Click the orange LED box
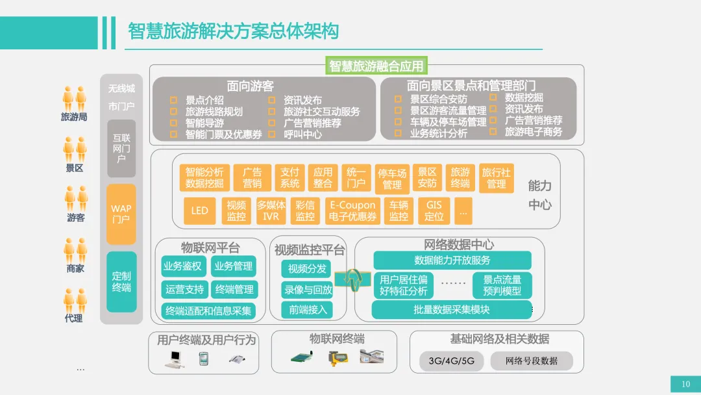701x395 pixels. pos(199,210)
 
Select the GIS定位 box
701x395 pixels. pos(434,210)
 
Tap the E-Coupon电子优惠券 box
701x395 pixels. pos(352,210)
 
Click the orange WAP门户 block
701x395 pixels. pos(121,214)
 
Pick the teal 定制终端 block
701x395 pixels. pos(121,282)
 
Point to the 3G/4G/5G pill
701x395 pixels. pos(452,361)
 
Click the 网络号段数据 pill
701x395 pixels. pos(532,361)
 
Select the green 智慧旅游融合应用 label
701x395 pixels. pos(376,66)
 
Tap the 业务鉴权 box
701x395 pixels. pos(183,266)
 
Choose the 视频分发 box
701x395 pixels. pos(306,269)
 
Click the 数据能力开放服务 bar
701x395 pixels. pos(452,261)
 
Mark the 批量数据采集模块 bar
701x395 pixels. pos(452,309)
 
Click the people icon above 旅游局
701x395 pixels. pos(74,98)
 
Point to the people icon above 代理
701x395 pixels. pos(75,301)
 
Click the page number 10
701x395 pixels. pos(686,384)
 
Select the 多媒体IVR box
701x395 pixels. pos(271,210)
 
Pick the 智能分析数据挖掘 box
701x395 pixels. pos(204,177)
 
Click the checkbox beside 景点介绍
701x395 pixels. pos(173,100)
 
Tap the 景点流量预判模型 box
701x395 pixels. pos(502,285)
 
